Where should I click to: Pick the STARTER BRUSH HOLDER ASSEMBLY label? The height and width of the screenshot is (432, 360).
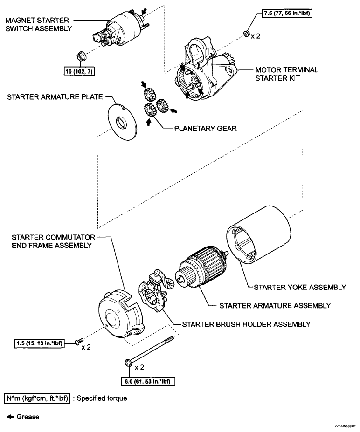[x=246, y=323]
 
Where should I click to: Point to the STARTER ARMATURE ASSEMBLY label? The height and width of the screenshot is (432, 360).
[x=275, y=306]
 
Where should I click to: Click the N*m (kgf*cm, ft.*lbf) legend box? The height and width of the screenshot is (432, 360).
[x=37, y=399]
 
